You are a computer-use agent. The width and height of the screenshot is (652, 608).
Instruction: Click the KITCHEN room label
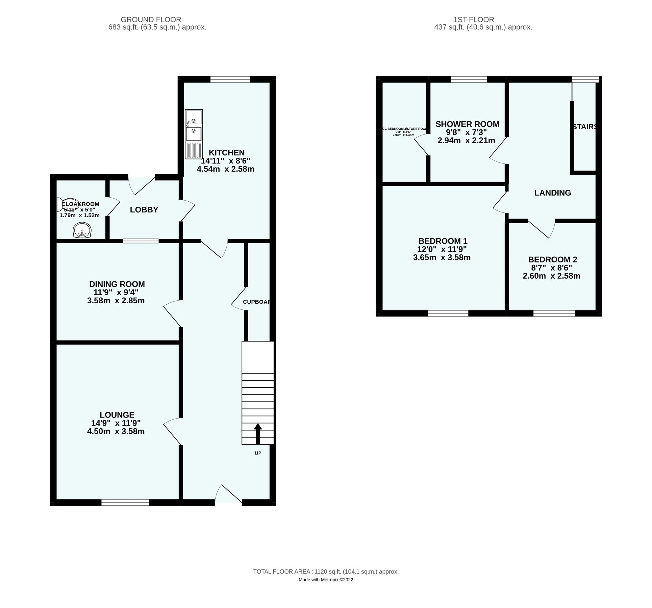point(227,153)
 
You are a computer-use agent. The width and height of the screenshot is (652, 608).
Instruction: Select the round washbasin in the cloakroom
point(82,231)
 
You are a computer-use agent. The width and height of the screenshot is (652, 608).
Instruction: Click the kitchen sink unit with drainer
point(194,134)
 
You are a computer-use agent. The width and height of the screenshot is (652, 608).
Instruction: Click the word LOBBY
point(144,210)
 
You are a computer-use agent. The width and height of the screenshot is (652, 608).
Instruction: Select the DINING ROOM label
point(117,284)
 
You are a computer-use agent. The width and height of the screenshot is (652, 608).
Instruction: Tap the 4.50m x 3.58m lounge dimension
point(116,431)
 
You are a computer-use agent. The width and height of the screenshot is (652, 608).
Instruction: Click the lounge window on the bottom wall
point(125,503)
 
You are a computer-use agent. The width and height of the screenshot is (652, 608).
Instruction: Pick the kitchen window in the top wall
point(230,79)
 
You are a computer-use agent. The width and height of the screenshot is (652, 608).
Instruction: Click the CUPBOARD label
point(257,302)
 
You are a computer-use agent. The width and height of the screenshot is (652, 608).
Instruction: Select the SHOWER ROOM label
point(468,124)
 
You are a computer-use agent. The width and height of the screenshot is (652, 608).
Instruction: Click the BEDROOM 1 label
point(443,241)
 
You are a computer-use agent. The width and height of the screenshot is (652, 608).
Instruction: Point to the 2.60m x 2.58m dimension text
point(552,276)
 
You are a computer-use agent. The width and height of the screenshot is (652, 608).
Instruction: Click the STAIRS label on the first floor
point(585,127)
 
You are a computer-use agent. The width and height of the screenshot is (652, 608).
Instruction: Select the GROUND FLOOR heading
point(151,20)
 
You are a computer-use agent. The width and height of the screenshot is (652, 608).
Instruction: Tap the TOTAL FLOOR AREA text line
point(326,572)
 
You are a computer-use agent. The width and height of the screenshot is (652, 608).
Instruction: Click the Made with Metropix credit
point(326,580)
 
